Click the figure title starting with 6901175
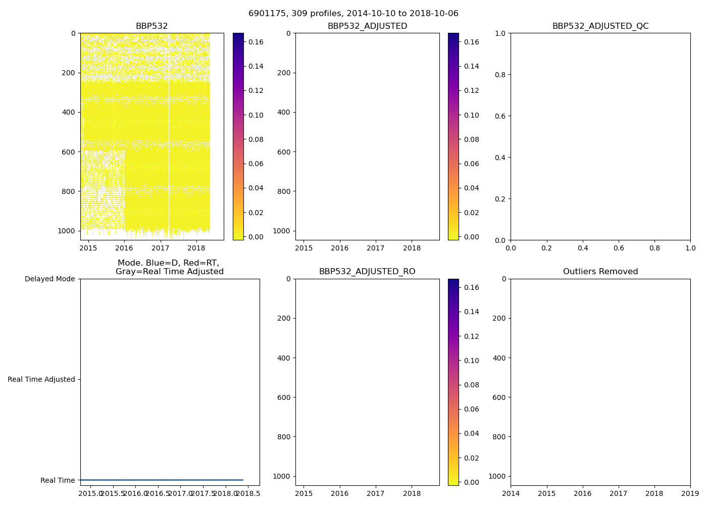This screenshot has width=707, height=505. pyautogui.click(x=353, y=14)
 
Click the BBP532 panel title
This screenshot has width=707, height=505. pyautogui.click(x=151, y=26)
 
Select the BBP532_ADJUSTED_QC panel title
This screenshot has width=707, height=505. pyautogui.click(x=600, y=26)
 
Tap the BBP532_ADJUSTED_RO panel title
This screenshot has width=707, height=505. pyautogui.click(x=367, y=272)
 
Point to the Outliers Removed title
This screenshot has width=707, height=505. pyautogui.click(x=600, y=272)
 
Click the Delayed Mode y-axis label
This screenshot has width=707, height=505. pyautogui.click(x=49, y=279)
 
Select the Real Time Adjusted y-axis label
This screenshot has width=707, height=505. pyautogui.click(x=41, y=379)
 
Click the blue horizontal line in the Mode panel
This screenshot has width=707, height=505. pyautogui.click(x=162, y=480)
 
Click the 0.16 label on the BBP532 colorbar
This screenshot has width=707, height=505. pyautogui.click(x=256, y=42)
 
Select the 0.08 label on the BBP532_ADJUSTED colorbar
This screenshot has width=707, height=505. pyautogui.click(x=471, y=139)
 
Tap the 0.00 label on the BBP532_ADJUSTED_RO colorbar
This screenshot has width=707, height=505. pyautogui.click(x=471, y=482)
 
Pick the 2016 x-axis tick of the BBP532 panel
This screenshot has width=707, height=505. pyautogui.click(x=124, y=248)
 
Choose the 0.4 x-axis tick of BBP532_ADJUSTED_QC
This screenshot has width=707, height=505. pyautogui.click(x=583, y=248)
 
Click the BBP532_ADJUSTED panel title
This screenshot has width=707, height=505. pyautogui.click(x=367, y=26)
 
